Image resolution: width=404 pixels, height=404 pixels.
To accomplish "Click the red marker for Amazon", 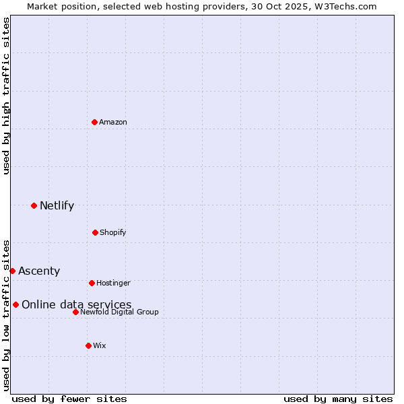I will [x=94, y=122].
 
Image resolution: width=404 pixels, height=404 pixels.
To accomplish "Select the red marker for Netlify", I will [x=34, y=205].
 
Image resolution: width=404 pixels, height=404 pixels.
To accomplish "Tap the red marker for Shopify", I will [x=95, y=232].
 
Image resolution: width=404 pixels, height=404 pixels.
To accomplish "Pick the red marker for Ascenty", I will [x=12, y=271].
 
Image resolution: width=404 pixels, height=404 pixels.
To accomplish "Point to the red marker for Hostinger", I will [x=92, y=283].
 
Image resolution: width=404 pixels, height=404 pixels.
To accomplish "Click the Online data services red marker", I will [x=15, y=304].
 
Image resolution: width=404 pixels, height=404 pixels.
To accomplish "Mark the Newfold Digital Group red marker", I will [x=75, y=312].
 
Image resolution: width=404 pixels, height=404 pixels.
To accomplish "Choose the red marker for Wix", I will [x=88, y=345].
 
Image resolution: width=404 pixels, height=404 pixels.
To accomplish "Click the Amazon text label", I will [x=113, y=122].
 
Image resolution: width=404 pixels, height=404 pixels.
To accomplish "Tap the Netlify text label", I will [x=57, y=205].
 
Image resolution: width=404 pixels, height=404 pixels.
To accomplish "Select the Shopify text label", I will [x=113, y=232].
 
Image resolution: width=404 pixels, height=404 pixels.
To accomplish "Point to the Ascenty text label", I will [x=39, y=271].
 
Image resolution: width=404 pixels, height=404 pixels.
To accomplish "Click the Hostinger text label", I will [x=113, y=283].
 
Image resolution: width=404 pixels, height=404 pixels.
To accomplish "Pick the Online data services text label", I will [x=76, y=304].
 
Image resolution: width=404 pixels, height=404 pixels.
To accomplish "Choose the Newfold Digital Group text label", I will [x=119, y=312].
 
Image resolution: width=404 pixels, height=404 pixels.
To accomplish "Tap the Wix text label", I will [x=100, y=345].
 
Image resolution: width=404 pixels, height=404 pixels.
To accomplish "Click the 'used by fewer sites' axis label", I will [x=69, y=399].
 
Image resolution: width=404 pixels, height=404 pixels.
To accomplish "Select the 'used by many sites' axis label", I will [x=338, y=399].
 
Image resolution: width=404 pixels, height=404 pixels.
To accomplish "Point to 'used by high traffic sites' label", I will [x=6, y=96].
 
